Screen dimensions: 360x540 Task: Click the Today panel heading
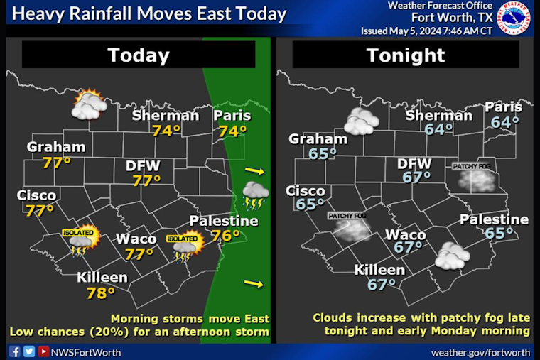[139, 55]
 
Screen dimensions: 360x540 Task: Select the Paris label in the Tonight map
[504, 107]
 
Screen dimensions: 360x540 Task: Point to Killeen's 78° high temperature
[101, 292]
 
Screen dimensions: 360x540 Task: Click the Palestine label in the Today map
[223, 222]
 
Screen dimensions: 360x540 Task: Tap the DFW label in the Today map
[143, 166]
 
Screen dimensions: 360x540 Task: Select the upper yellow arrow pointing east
[254, 171]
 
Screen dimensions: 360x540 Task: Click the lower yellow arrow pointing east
[254, 284]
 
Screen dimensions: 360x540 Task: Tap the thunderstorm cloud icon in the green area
[255, 195]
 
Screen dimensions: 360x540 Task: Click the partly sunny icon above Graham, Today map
[89, 104]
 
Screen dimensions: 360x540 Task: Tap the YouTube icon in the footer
[43, 351]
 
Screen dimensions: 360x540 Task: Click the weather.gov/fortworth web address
[481, 352]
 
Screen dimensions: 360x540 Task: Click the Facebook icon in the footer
[15, 351]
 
